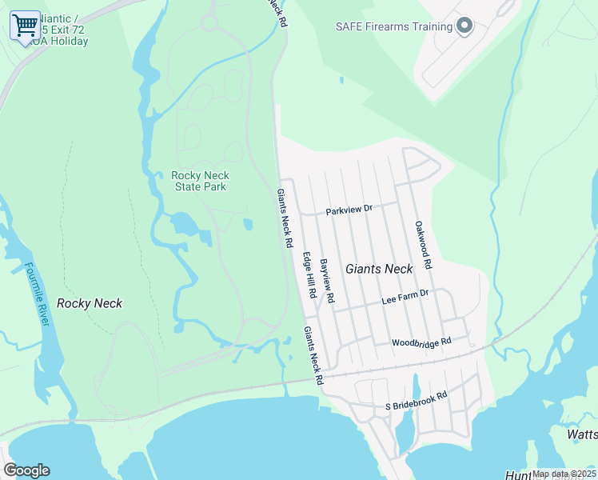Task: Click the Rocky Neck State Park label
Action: (x=200, y=181)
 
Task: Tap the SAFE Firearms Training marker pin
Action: (x=464, y=27)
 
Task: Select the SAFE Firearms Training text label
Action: (x=393, y=26)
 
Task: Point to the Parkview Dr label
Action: (x=349, y=210)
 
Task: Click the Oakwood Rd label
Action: (x=423, y=245)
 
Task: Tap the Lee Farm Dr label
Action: (x=405, y=297)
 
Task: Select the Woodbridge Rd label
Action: (x=421, y=342)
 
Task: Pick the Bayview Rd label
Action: (x=327, y=281)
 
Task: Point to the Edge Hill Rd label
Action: (x=309, y=277)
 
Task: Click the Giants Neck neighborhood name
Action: (x=379, y=270)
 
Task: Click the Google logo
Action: (x=26, y=470)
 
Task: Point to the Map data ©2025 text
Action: (x=564, y=474)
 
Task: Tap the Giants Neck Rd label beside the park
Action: (x=284, y=218)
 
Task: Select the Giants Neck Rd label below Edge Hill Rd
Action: (x=313, y=356)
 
